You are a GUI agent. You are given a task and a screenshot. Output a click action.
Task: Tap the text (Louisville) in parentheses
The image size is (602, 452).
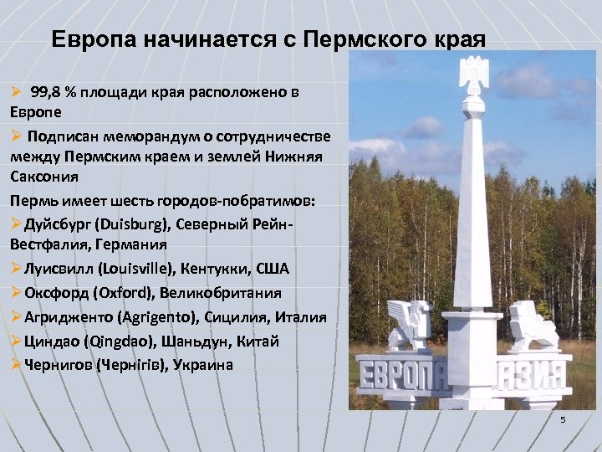(x=138, y=269)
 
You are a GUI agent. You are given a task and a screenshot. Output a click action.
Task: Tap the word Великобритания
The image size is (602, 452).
(x=223, y=293)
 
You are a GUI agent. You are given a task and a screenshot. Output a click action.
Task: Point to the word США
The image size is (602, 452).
(x=273, y=269)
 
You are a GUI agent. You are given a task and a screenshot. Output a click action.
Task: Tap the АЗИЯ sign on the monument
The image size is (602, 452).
(x=537, y=372)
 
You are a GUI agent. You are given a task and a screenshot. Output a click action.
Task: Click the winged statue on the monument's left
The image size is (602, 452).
(x=411, y=324)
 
